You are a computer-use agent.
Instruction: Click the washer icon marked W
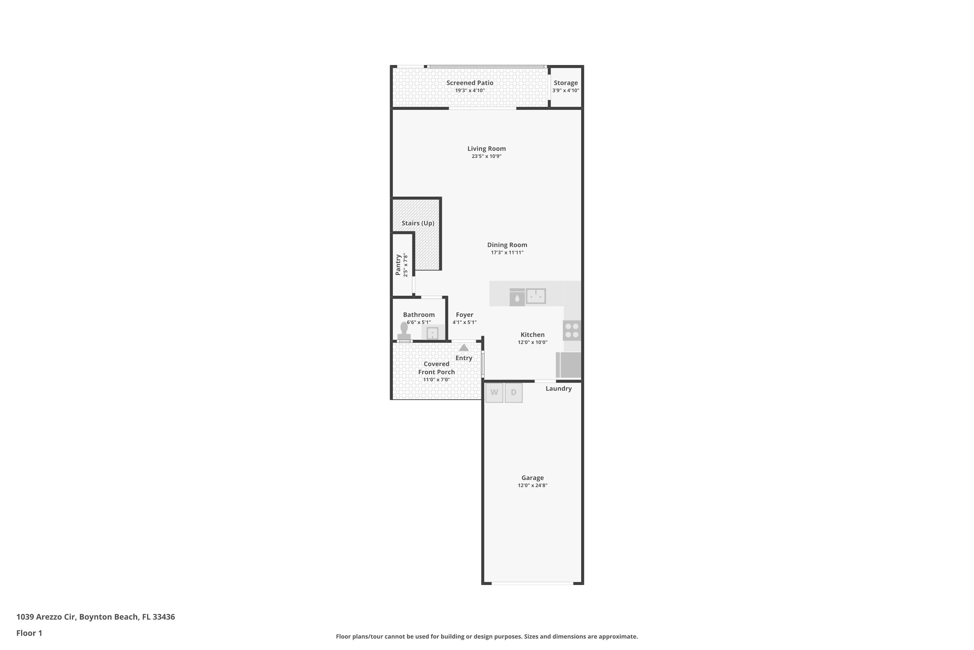click(494, 393)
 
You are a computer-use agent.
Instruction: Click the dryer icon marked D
click(514, 393)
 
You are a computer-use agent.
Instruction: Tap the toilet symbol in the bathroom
click(404, 331)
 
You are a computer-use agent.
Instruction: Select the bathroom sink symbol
click(433, 333)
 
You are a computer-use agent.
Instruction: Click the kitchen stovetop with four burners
click(572, 331)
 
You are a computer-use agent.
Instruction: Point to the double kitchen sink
click(536, 296)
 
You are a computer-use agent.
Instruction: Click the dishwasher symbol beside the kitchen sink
click(517, 297)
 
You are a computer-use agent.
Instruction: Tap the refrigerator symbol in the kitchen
click(568, 365)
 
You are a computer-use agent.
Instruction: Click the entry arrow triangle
click(464, 347)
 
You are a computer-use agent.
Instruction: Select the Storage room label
click(566, 83)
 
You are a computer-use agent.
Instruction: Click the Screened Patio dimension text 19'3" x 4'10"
click(470, 90)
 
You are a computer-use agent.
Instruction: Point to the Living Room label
click(487, 149)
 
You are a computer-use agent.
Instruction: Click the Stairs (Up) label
click(418, 223)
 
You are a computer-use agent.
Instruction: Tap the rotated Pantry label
click(398, 265)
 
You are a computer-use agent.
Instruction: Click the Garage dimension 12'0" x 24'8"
click(532, 486)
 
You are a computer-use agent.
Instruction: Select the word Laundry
click(559, 388)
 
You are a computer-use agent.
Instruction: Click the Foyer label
click(465, 315)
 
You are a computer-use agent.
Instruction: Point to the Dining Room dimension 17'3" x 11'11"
click(507, 253)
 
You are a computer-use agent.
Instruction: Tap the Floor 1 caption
click(30, 633)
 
